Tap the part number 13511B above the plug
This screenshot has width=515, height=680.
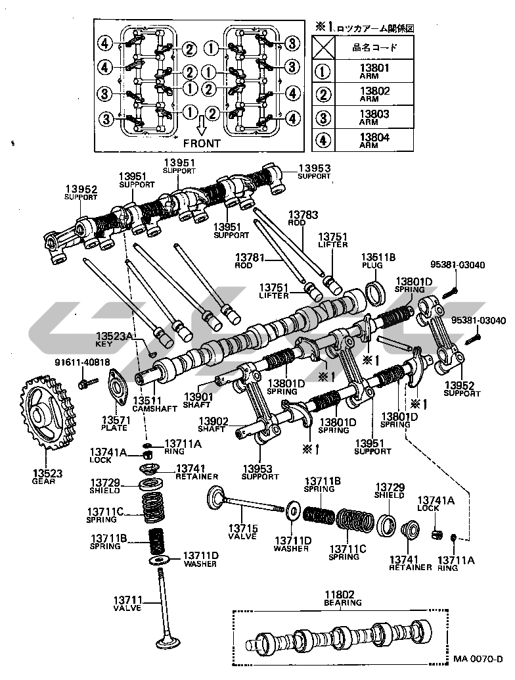[x=378, y=256]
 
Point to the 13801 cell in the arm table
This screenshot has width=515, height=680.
[x=374, y=70]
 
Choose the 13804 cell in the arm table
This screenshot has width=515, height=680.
[x=374, y=141]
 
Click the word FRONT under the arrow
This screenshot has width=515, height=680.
[x=202, y=142]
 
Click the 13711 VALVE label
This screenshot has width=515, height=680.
[x=127, y=604]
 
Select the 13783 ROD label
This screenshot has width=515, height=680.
[x=303, y=218]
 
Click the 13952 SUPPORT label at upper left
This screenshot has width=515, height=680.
[x=81, y=193]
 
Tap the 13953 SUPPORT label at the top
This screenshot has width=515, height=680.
[x=314, y=172]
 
